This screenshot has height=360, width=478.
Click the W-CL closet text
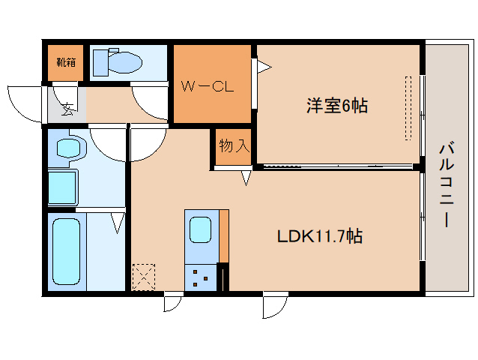click(x=208, y=85)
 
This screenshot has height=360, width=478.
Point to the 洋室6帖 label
click(x=336, y=106)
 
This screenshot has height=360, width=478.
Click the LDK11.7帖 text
click(x=320, y=236)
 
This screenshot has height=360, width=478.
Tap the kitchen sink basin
click(x=200, y=229)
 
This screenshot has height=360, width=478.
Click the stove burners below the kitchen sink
click(x=200, y=277)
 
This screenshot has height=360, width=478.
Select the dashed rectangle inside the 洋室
click(x=408, y=107)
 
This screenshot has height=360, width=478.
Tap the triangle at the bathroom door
click(x=118, y=223)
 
